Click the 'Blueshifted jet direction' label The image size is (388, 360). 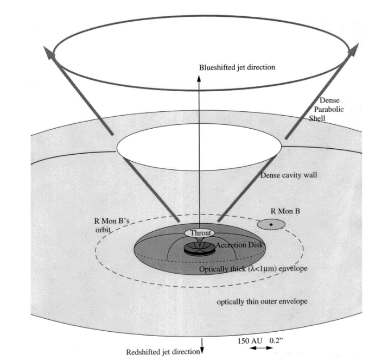tap(237, 67)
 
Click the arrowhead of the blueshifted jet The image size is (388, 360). tap(199, 77)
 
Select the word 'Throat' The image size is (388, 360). tap(200, 233)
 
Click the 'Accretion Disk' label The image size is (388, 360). tap(239, 245)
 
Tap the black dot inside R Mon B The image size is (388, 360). tap(271, 224)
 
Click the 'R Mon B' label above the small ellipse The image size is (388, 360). tap(284, 211)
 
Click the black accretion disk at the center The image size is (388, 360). tap(198, 250)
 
